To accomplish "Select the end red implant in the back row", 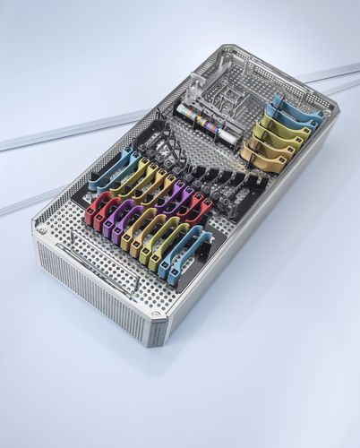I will pos(201,209).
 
